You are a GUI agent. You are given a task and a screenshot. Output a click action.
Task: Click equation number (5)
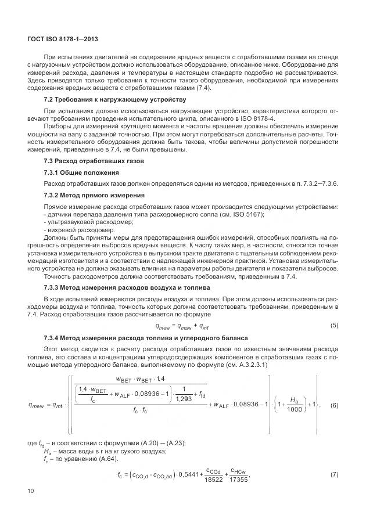[x=334, y=325]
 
